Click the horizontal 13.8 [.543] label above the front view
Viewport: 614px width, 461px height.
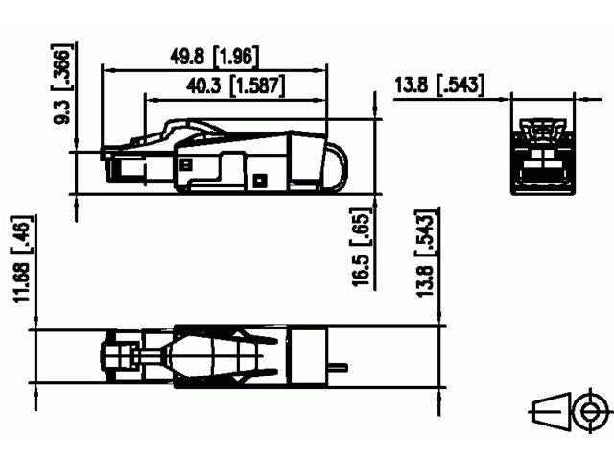438,86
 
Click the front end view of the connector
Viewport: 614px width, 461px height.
543,154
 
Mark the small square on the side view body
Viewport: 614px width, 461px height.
259,179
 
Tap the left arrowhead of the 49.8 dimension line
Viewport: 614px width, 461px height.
106,69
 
